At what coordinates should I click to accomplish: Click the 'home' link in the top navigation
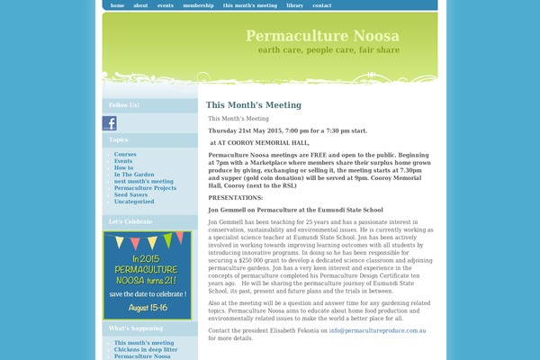[117, 5]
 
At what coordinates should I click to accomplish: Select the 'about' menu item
[140, 5]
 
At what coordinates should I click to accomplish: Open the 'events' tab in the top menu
[166, 5]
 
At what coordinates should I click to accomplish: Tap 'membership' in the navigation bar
[198, 5]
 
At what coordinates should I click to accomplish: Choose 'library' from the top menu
[295, 5]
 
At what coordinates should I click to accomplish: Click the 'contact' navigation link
[321, 5]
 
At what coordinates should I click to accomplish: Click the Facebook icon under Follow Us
[110, 123]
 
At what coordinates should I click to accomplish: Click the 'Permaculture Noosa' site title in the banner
[322, 36]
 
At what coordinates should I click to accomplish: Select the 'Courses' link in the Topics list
[125, 154]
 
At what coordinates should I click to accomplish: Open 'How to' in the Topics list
[123, 167]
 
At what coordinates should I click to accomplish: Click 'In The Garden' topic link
[134, 175]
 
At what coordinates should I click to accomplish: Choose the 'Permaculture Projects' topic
[145, 188]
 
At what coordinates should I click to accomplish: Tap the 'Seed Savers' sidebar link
[131, 194]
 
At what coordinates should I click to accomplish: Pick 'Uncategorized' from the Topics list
[134, 202]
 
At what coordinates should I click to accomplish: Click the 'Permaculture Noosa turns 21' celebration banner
[147, 275]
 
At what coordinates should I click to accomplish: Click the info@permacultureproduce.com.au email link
[377, 331]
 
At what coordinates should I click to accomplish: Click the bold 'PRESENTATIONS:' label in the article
[236, 197]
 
